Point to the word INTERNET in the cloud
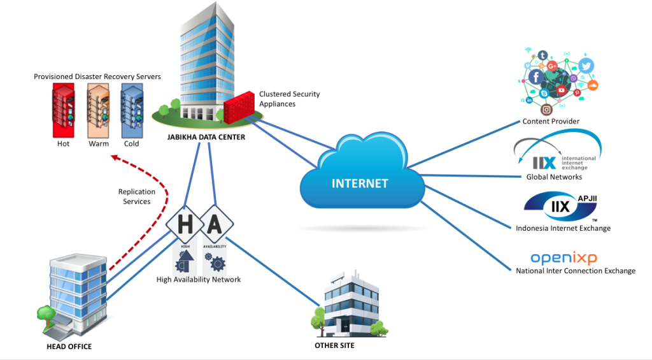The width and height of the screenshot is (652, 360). pyautogui.click(x=360, y=184)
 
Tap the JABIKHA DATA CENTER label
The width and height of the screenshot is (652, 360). pyautogui.click(x=203, y=137)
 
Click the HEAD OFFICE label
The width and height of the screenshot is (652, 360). pyautogui.click(x=69, y=347)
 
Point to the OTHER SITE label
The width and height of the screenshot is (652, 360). pyautogui.click(x=334, y=345)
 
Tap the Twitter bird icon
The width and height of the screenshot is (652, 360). pyautogui.click(x=586, y=66)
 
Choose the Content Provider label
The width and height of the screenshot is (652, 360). pyautogui.click(x=551, y=121)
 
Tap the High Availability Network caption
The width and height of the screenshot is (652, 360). pyautogui.click(x=199, y=279)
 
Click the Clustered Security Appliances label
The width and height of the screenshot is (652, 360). pyautogui.click(x=289, y=99)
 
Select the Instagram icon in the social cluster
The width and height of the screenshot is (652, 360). pyautogui.click(x=545, y=109)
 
